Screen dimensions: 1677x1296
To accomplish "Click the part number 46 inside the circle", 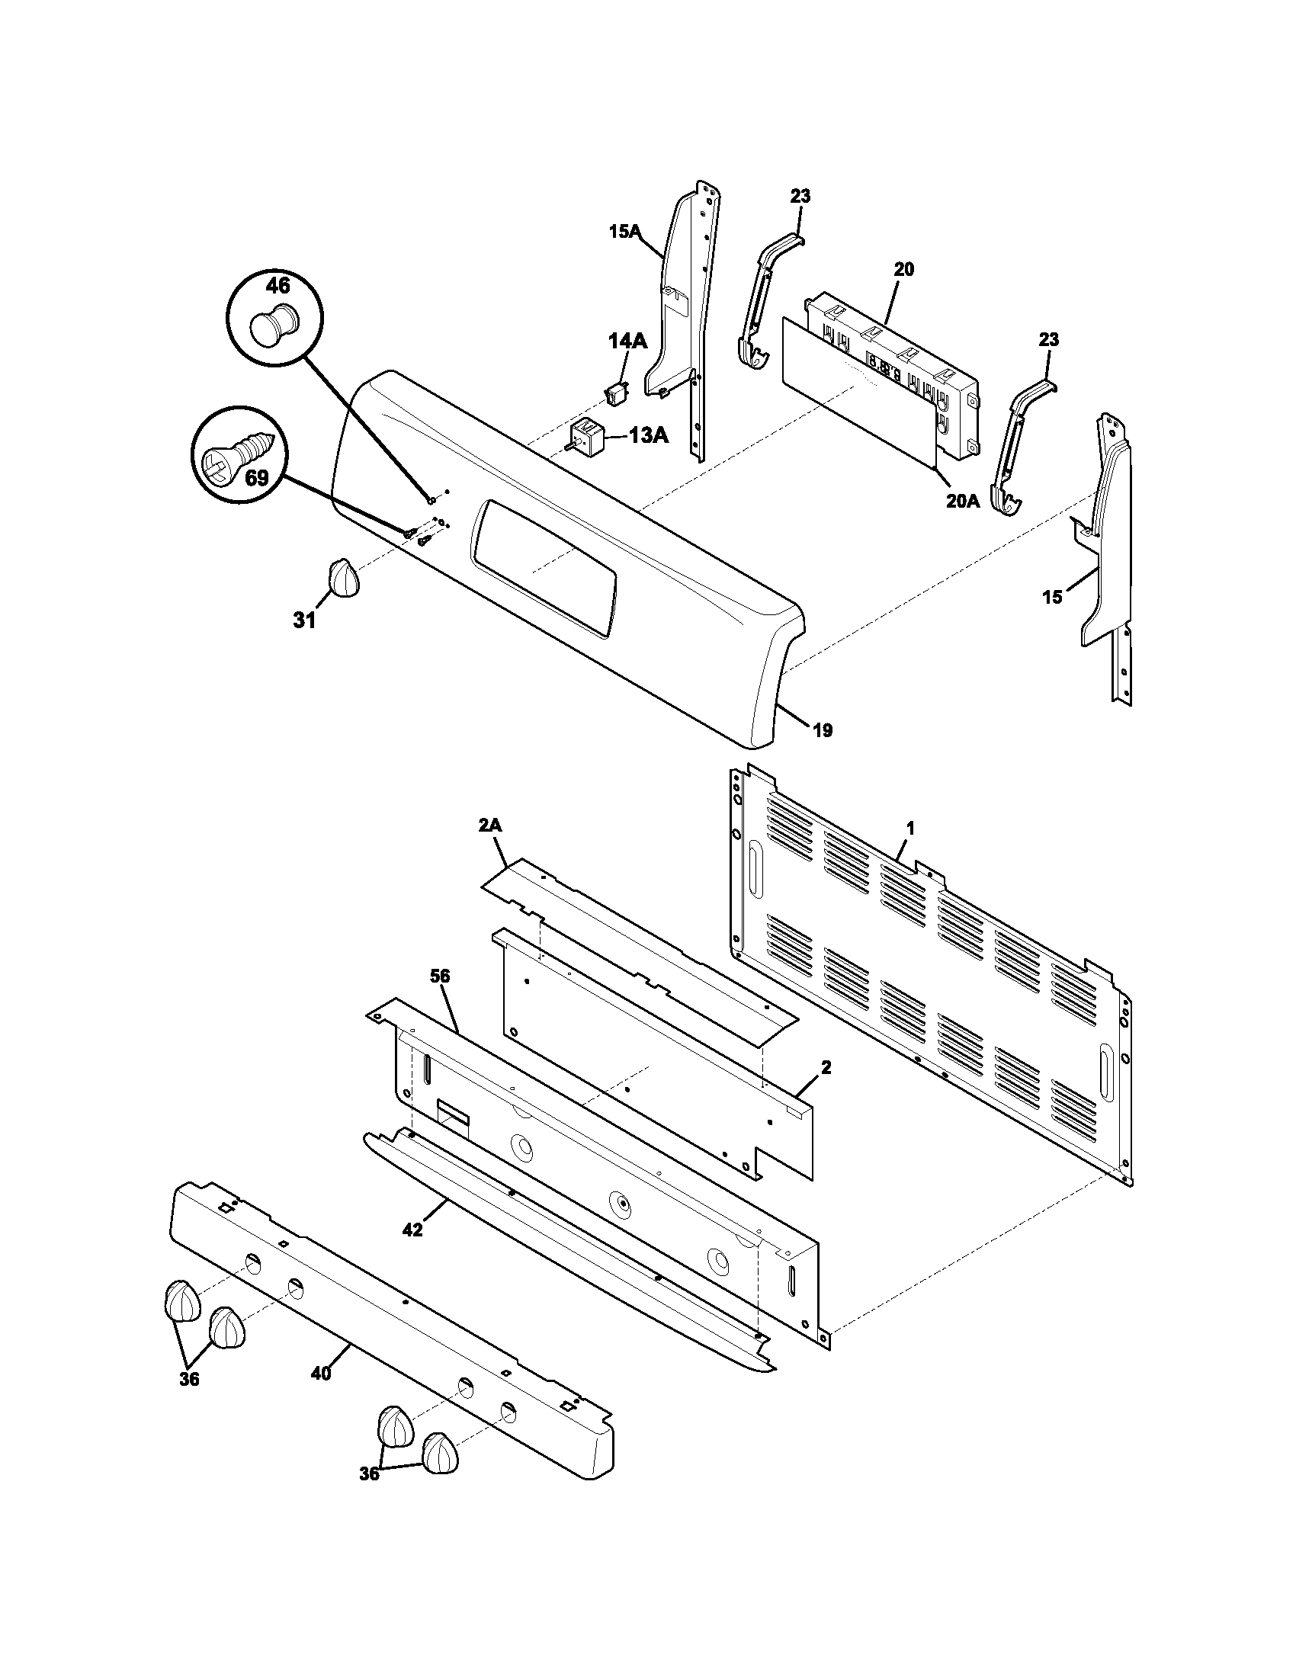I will tap(277, 286).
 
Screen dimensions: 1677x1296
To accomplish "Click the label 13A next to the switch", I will tap(648, 435).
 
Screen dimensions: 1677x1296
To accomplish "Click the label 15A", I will tap(625, 232).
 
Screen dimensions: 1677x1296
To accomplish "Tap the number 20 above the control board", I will tap(903, 270).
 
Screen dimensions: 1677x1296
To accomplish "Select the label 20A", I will tap(962, 502).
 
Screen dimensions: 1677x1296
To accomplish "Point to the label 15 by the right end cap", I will tap(1052, 597).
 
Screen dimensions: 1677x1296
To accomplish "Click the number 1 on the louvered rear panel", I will tap(910, 828).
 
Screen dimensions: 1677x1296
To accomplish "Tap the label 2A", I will tap(490, 826).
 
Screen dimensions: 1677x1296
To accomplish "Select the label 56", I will tap(440, 976).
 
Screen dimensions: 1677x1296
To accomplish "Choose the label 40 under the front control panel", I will tap(321, 1373).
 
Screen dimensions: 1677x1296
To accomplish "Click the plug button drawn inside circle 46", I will tap(274, 326).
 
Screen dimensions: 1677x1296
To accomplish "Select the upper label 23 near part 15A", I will tap(800, 197).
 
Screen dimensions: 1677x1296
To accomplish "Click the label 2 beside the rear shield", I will tap(826, 1067).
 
